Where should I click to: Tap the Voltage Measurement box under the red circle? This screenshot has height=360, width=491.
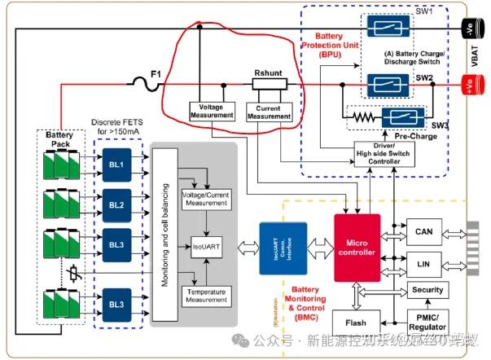coord(212,112)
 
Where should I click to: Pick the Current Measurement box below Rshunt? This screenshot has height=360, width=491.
coord(269,112)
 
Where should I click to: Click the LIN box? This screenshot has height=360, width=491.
coord(423,266)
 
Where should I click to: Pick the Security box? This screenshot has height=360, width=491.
coord(427,290)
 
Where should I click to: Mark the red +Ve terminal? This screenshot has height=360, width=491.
coord(471,84)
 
